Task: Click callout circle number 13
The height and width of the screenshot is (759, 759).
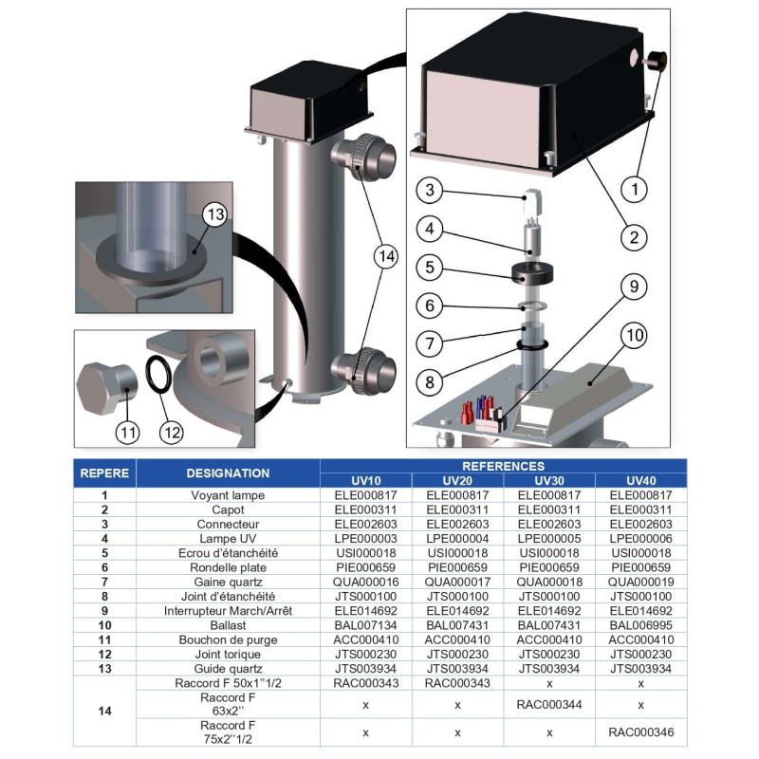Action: click(x=214, y=214)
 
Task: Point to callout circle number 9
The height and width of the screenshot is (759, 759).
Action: click(x=634, y=286)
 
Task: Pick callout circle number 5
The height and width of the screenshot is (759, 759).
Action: click(x=430, y=268)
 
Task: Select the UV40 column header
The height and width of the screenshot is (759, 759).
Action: click(x=640, y=480)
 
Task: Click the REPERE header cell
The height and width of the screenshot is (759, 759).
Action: click(x=104, y=472)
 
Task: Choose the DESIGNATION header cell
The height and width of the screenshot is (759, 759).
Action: click(x=228, y=472)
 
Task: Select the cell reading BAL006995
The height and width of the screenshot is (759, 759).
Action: click(x=640, y=625)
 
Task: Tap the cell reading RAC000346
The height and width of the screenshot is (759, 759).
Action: click(x=640, y=731)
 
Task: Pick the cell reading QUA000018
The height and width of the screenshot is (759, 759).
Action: click(x=549, y=582)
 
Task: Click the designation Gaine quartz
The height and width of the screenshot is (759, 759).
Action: click(x=228, y=582)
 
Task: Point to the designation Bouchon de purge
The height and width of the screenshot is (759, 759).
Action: click(x=228, y=639)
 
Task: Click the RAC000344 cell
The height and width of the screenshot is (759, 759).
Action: click(x=549, y=705)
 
